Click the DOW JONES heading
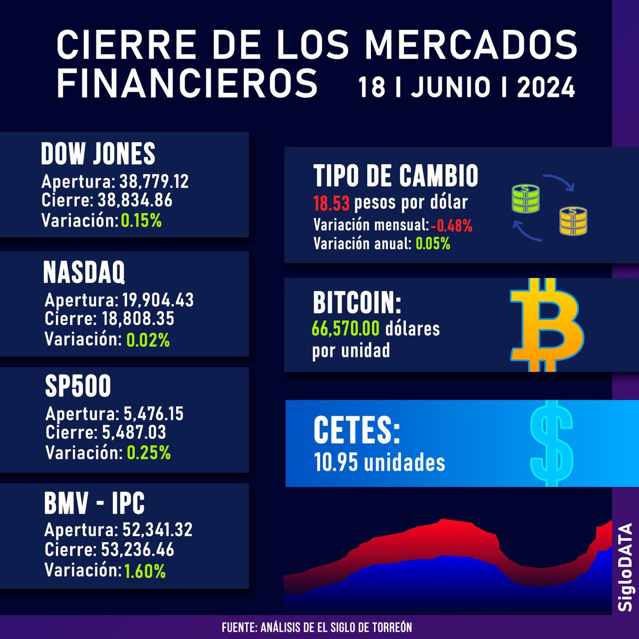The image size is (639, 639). [x=98, y=154]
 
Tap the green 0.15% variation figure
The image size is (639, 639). [x=141, y=220]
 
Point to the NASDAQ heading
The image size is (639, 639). [x=84, y=273]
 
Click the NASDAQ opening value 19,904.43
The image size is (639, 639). [x=158, y=300]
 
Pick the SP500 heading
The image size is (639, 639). [x=78, y=386]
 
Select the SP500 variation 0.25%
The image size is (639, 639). [x=149, y=453]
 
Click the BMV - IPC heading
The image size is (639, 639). [x=94, y=503]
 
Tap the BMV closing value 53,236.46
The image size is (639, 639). [x=137, y=550]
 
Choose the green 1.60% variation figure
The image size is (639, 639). [x=145, y=570]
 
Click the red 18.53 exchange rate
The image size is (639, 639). [x=331, y=203]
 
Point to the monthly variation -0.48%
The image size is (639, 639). [x=451, y=225]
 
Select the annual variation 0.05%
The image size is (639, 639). [x=433, y=244]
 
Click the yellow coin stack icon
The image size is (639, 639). [x=573, y=221]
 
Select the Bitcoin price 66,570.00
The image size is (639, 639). [x=345, y=328]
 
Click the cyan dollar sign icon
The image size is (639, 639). [x=551, y=443]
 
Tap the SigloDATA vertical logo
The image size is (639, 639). [x=625, y=567]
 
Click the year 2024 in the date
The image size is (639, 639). [x=546, y=88]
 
